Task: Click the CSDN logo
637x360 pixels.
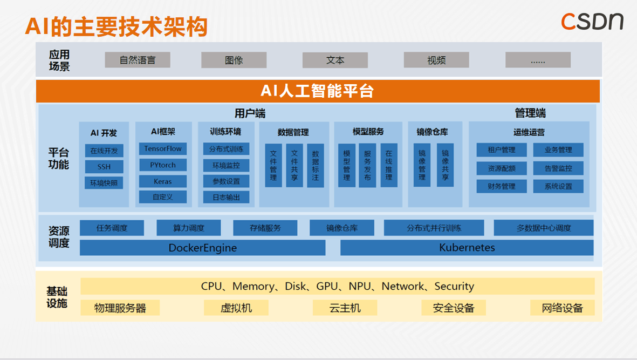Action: click(x=592, y=21)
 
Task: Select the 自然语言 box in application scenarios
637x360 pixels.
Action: click(x=138, y=60)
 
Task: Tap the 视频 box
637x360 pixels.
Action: click(x=436, y=60)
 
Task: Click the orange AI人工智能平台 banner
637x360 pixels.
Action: click(x=318, y=91)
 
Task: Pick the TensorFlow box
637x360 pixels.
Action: click(x=163, y=149)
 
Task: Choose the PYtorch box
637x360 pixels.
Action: click(x=163, y=165)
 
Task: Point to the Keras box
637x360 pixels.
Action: click(x=163, y=181)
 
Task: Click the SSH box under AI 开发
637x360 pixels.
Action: click(x=104, y=167)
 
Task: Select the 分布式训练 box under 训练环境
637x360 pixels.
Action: click(x=227, y=150)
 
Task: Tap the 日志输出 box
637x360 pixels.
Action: click(x=227, y=197)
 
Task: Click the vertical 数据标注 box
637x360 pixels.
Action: click(x=316, y=166)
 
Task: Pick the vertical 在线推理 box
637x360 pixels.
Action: click(x=389, y=166)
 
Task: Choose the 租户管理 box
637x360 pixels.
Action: click(x=502, y=150)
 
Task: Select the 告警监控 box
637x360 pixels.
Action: click(x=558, y=168)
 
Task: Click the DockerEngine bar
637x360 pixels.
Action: click(x=203, y=248)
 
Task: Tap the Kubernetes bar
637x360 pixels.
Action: click(x=467, y=248)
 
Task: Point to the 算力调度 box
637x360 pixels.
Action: click(x=189, y=228)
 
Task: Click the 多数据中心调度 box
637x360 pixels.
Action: click(x=544, y=228)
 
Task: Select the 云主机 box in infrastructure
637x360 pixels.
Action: click(x=345, y=308)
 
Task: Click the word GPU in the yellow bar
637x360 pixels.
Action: click(x=327, y=287)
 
